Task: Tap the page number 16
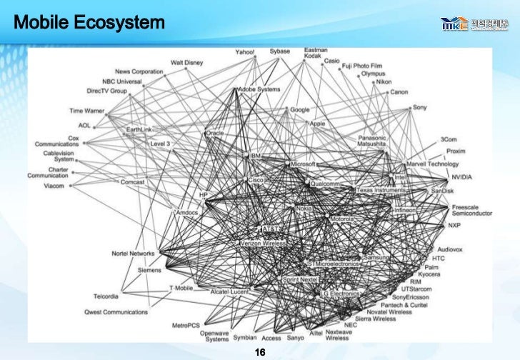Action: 260,352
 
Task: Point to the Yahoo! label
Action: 245,52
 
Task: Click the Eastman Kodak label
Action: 315,53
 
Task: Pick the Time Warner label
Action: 86,111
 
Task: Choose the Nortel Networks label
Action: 133,254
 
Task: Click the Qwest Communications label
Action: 116,311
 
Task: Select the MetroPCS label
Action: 186,326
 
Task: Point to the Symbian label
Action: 244,338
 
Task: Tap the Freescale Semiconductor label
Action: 471,210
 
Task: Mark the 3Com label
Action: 449,138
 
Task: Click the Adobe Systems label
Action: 260,89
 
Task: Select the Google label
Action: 299,109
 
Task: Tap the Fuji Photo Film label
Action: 362,66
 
